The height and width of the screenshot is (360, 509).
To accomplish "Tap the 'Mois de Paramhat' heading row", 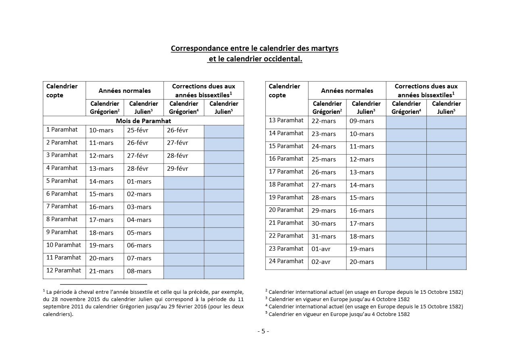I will click(x=143, y=121).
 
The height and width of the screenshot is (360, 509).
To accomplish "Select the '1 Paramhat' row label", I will click(x=62, y=130).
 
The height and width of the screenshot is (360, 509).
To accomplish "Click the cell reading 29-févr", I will click(x=177, y=169).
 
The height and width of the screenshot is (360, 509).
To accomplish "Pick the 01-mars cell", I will click(x=139, y=182).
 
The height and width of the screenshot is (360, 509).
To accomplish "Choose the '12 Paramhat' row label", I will click(x=64, y=270).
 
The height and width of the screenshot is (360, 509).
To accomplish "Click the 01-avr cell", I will click(x=321, y=249).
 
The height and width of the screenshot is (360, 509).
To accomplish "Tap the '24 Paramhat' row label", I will click(x=286, y=261).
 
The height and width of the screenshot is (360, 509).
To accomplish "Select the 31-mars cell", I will click(x=323, y=236).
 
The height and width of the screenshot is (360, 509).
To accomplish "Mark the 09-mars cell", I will click(x=362, y=121).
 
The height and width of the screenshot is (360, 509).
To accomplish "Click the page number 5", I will click(x=263, y=331).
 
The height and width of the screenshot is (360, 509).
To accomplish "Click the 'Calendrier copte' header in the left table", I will click(x=62, y=91).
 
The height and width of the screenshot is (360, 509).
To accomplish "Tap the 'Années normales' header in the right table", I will click(x=347, y=91).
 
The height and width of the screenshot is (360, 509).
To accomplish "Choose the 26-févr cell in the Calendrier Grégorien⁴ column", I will click(x=177, y=130).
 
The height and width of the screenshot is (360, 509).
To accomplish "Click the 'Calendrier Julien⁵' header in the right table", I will click(x=446, y=108).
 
